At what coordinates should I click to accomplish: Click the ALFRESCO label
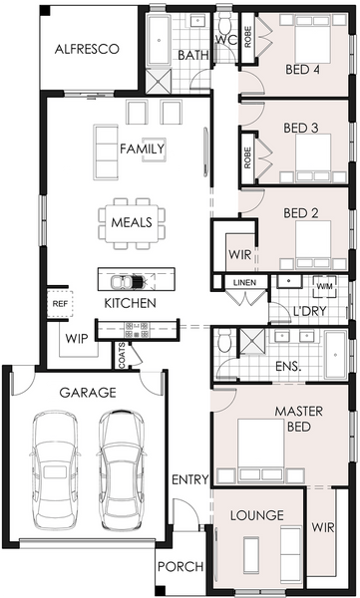point(87,49)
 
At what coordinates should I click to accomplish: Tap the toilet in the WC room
point(224,24)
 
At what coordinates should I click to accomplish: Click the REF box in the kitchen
point(60,304)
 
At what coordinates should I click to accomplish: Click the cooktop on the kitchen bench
point(137,330)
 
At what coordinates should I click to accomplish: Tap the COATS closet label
point(122,356)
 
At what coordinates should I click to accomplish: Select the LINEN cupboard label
point(244,283)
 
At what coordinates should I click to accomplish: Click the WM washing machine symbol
point(325,286)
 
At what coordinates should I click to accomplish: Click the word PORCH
point(180,567)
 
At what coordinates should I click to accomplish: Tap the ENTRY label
point(190,479)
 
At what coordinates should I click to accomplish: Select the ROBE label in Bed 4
point(247,37)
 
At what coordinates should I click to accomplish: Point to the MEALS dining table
point(132,223)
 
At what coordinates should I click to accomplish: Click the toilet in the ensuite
point(224,340)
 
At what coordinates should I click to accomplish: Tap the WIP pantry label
point(77,338)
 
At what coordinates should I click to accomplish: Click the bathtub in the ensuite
point(335,354)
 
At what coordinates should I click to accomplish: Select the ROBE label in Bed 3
point(247,157)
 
